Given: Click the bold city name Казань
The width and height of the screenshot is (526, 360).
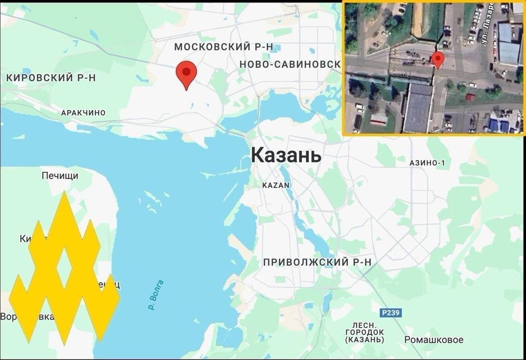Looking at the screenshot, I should (286, 155).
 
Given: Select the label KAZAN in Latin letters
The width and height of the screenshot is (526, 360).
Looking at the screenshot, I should (276, 185).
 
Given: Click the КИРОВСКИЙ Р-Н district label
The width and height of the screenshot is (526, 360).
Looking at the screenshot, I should (51, 78).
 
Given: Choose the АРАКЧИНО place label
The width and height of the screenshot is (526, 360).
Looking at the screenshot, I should (83, 113).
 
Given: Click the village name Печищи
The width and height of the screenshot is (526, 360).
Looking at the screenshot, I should (60, 176).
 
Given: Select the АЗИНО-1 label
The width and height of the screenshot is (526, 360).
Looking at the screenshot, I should (427, 163).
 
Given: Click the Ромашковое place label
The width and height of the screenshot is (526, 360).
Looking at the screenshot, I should (434, 340).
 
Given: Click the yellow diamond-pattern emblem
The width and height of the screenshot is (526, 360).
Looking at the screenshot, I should (64, 267).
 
